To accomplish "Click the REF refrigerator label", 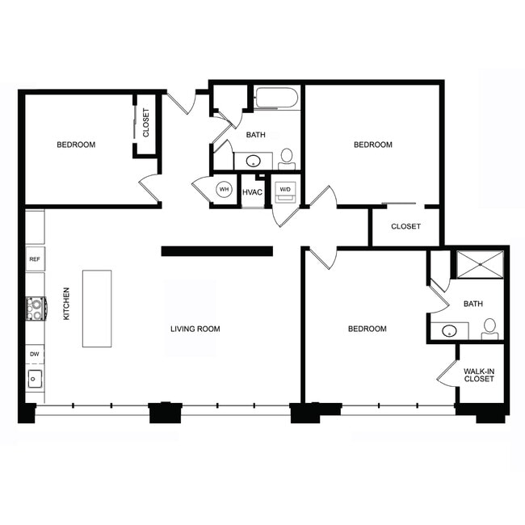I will (x=35, y=259).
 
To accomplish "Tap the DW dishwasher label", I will (x=35, y=354).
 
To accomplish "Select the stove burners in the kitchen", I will (x=36, y=306).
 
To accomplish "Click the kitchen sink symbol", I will (x=36, y=378).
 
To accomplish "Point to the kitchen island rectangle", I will (x=96, y=309).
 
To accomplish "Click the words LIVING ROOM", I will (x=195, y=329).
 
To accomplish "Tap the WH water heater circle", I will (x=225, y=191).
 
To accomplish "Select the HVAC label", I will (x=252, y=191).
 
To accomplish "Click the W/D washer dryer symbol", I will (x=284, y=191).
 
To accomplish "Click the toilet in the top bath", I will (x=287, y=157).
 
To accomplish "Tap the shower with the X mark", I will (x=479, y=265).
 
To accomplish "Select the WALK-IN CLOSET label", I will (x=479, y=374).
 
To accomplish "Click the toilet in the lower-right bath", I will (x=489, y=328).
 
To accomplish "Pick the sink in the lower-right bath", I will (x=450, y=330).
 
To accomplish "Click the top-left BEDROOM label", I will (x=76, y=145).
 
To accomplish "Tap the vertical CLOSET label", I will (x=146, y=123).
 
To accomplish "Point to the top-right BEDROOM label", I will (x=373, y=145).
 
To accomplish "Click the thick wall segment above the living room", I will (x=216, y=250).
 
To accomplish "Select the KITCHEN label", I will (x=67, y=304).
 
